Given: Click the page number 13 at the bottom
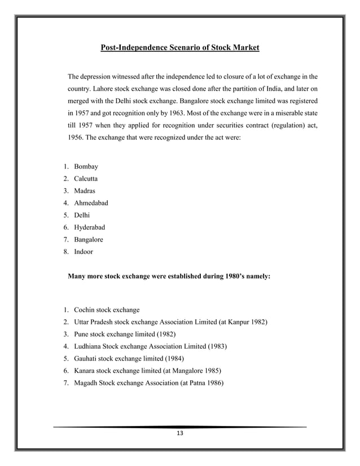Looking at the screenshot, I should tap(180, 433).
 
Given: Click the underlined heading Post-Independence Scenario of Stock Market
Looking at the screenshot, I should tap(179, 47).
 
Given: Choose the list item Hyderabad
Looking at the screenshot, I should tap(90, 227).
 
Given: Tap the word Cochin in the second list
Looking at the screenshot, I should tap(85, 310).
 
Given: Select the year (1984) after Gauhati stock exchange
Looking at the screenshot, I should tap(173, 358).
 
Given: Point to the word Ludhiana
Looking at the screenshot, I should tap(89, 346).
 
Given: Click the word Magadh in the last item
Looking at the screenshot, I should tap(86, 383).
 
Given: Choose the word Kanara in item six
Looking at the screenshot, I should tap(85, 370).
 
